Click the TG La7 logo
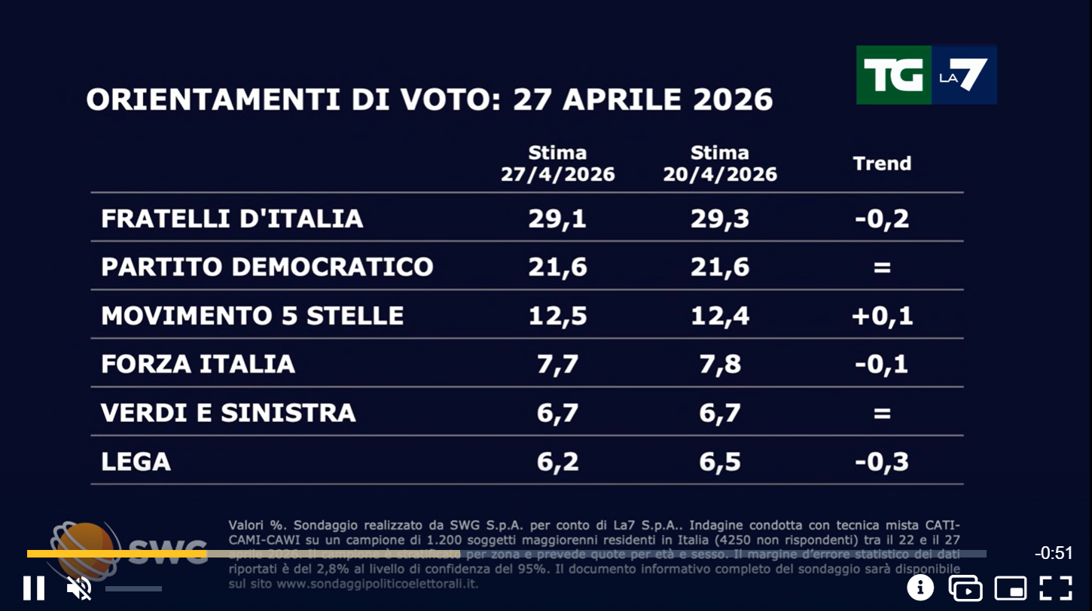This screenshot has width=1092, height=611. (x=926, y=75)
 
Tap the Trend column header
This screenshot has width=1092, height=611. (x=882, y=163)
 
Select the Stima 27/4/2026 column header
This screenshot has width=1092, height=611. (x=557, y=163)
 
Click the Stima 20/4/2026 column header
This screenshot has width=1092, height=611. (x=720, y=163)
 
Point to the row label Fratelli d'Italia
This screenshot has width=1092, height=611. (x=232, y=218)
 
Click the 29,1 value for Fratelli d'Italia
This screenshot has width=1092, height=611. (x=557, y=218)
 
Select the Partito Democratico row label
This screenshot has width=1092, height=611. (x=267, y=267)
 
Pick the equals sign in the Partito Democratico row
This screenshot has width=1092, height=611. (x=882, y=267)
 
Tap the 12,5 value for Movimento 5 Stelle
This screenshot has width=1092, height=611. (x=557, y=315)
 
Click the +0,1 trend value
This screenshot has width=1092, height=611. (x=882, y=315)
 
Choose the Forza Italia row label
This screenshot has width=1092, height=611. (x=197, y=364)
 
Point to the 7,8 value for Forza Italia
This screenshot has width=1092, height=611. (x=720, y=364)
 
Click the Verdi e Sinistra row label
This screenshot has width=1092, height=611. (x=228, y=412)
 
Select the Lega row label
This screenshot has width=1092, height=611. (x=136, y=461)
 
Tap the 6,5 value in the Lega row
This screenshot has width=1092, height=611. (x=720, y=461)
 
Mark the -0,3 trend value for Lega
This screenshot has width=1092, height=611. (x=882, y=461)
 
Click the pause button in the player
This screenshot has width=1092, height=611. (x=34, y=588)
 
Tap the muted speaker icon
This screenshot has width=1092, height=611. (x=78, y=588)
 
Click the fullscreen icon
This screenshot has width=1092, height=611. (x=1056, y=588)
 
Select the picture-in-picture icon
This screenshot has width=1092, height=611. (x=1011, y=588)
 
